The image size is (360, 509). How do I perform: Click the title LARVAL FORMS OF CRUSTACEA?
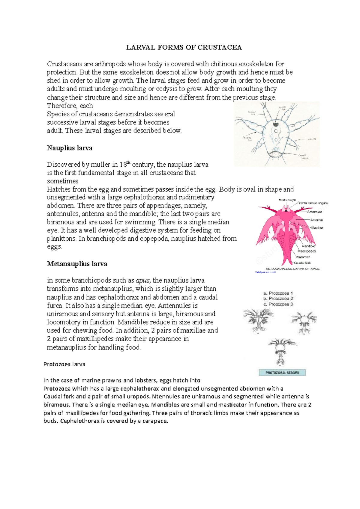click(x=184, y=47)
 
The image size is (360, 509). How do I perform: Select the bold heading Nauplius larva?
click(x=70, y=148)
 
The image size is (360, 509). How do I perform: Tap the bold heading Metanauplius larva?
click(x=77, y=264)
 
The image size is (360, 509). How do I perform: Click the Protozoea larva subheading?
click(x=64, y=364)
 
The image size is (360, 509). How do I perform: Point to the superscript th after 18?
click(x=129, y=162)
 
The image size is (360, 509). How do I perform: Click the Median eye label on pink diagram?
click(x=287, y=200)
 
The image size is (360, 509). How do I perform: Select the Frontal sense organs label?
click(x=313, y=203)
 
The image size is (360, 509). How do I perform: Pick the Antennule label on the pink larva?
click(x=314, y=212)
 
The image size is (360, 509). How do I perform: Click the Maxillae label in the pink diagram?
click(x=317, y=228)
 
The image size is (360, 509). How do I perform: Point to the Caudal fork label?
click(x=302, y=263)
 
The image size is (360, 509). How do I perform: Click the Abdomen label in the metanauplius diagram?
click(x=303, y=257)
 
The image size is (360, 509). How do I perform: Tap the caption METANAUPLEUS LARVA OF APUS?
click(x=292, y=269)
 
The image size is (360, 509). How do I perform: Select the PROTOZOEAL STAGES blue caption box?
click(x=282, y=373)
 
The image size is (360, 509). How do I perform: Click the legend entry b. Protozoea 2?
click(x=278, y=299)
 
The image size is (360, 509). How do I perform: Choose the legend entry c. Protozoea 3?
click(x=278, y=304)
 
